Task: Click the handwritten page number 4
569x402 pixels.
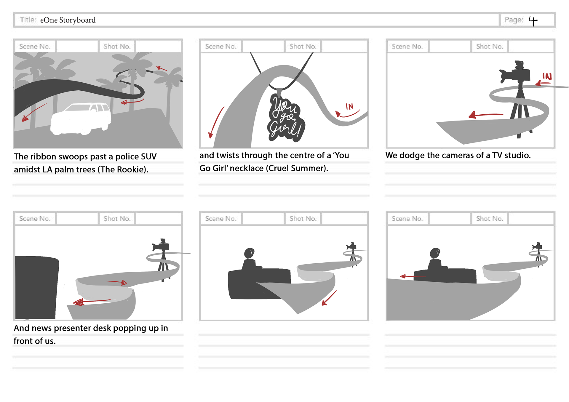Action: click(533, 21)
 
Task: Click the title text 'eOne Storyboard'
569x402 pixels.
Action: click(68, 20)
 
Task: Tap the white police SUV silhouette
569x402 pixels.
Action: click(81, 118)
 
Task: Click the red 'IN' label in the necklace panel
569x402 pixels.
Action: click(350, 106)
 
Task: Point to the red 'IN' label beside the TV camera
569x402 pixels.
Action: click(547, 76)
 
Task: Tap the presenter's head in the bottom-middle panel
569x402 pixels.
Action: click(249, 253)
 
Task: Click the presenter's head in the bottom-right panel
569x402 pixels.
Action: click(435, 253)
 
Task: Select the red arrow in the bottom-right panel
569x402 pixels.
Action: click(412, 276)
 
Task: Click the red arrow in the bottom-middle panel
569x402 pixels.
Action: click(329, 298)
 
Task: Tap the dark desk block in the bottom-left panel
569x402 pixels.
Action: click(36, 287)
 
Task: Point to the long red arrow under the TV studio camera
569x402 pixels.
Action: click(486, 115)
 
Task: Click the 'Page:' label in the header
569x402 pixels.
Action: click(514, 20)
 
